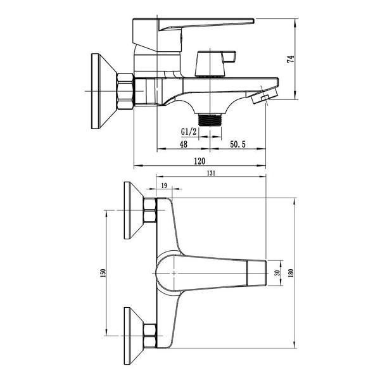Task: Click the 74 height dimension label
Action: pyautogui.click(x=291, y=59)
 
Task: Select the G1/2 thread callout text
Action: pyautogui.click(x=189, y=132)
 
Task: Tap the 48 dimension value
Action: pyautogui.click(x=184, y=144)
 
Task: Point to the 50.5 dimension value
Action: pyautogui.click(x=237, y=144)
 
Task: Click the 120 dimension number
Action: pyautogui.click(x=199, y=161)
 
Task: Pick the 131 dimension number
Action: pyautogui.click(x=211, y=173)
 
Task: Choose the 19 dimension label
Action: pyautogui.click(x=164, y=186)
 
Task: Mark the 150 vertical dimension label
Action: pyautogui.click(x=103, y=273)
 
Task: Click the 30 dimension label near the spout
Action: pyautogui.click(x=278, y=272)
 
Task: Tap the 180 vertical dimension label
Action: pyautogui.click(x=291, y=273)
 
